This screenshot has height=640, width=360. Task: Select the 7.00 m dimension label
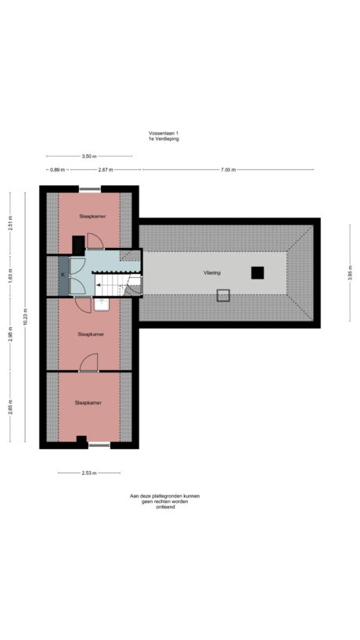click(x=227, y=170)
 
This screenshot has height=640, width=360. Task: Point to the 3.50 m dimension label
click(x=88, y=156)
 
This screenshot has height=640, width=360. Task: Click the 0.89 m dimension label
click(x=56, y=170)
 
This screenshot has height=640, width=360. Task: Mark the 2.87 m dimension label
click(x=105, y=170)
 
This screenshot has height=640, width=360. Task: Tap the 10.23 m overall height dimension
click(x=26, y=318)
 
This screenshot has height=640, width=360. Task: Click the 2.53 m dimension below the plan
click(x=88, y=473)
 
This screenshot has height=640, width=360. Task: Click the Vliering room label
click(x=213, y=273)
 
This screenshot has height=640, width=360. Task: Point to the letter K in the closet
click(x=63, y=275)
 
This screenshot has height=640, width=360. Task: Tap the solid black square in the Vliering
click(x=257, y=272)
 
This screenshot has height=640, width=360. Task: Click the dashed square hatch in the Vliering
click(x=223, y=295)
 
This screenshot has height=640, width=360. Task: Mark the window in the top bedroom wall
click(x=89, y=188)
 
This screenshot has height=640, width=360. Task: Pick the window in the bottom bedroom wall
click(x=98, y=445)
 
